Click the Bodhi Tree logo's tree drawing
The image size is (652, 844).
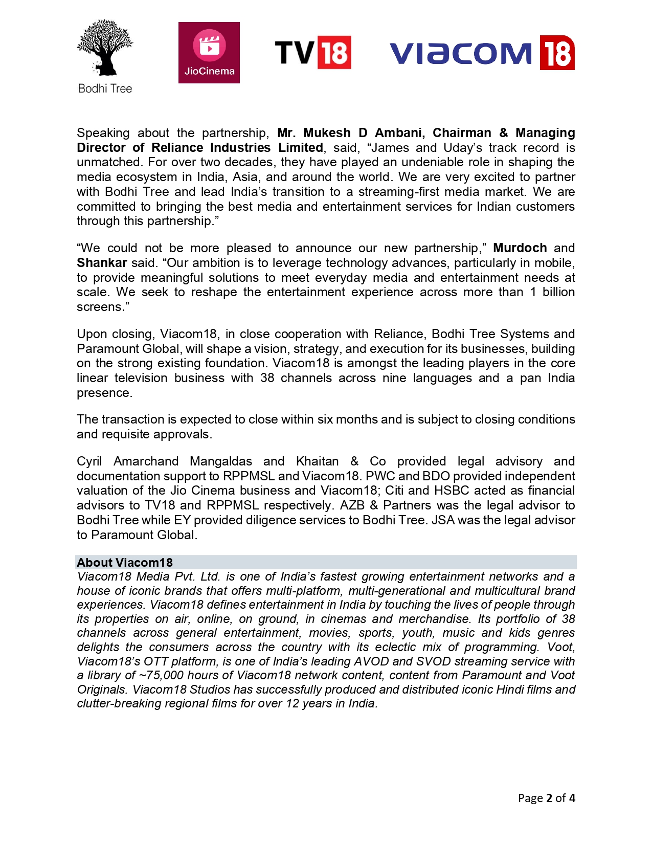(x=105, y=48)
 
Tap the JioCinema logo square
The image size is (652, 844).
(x=209, y=53)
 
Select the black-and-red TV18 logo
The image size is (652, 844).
(x=313, y=52)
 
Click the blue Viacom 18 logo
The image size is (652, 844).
(x=482, y=53)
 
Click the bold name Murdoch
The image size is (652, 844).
(x=520, y=248)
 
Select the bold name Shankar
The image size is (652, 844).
(x=102, y=263)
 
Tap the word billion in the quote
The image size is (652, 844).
(x=558, y=292)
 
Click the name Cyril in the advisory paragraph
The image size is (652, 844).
(x=89, y=461)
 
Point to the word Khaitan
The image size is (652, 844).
(x=317, y=461)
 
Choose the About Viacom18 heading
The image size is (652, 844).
(x=125, y=563)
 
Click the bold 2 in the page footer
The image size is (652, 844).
(x=549, y=798)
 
